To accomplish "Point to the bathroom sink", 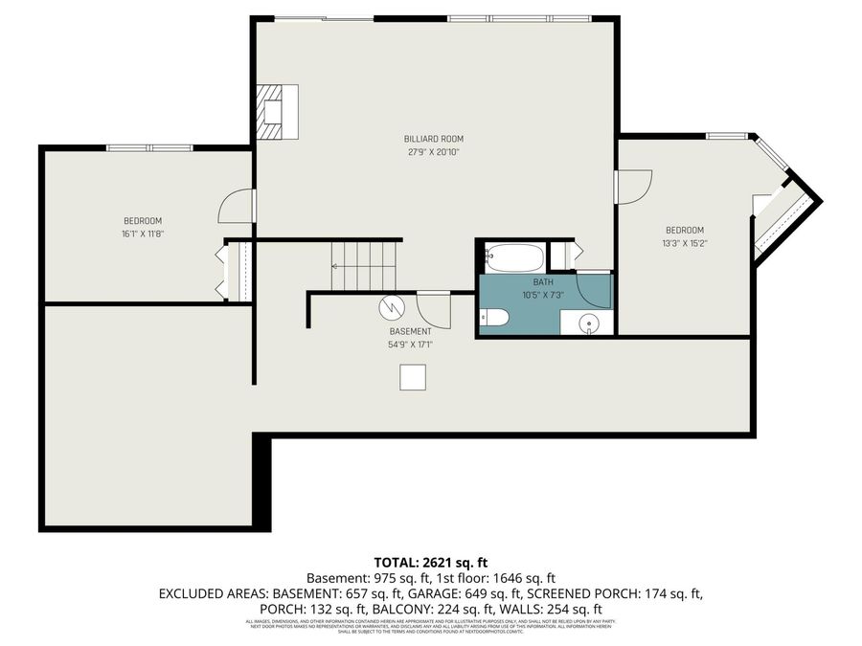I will pyautogui.click(x=592, y=323).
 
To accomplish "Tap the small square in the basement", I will pyautogui.click(x=413, y=378).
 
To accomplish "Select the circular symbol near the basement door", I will pyautogui.click(x=392, y=307).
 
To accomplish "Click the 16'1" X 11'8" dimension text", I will pyautogui.click(x=141, y=234).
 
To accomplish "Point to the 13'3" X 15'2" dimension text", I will pyautogui.click(x=685, y=243).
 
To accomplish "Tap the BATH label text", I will pyautogui.click(x=543, y=282).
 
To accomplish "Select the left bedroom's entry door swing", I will pyautogui.click(x=236, y=204).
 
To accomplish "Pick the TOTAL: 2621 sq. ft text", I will pyautogui.click(x=430, y=562).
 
